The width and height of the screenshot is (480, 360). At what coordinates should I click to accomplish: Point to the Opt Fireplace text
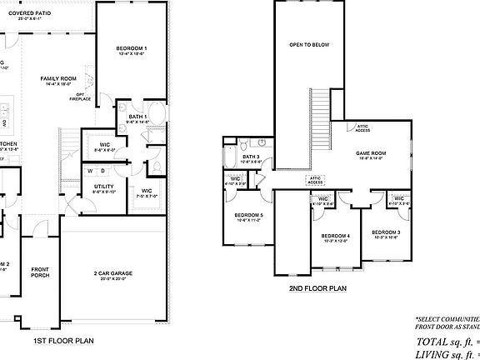click(x=81, y=97)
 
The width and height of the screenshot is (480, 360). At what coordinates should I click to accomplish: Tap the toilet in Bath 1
click(x=155, y=168)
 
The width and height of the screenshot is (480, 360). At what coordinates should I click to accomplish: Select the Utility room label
click(x=104, y=187)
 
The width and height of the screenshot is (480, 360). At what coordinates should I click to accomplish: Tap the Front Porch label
click(x=40, y=272)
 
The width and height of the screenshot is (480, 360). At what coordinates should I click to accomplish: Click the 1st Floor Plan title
click(x=63, y=340)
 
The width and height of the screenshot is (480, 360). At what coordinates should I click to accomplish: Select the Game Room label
click(x=371, y=153)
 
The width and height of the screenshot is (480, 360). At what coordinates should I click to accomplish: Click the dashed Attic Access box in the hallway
click(x=316, y=179)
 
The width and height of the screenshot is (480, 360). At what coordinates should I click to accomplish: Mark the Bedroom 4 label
click(x=336, y=237)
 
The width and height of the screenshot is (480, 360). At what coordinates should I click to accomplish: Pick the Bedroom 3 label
click(x=386, y=232)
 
